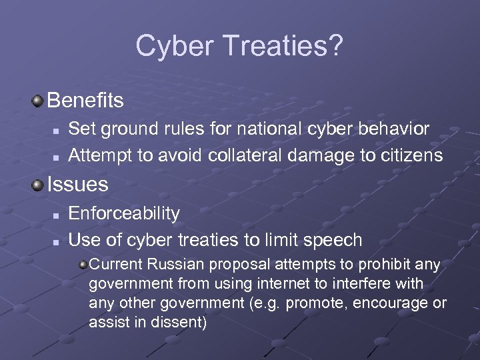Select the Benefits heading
pos(85,101)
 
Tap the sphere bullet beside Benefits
pos(38,101)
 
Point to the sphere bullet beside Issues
pos(38,184)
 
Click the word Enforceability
pos(124,213)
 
